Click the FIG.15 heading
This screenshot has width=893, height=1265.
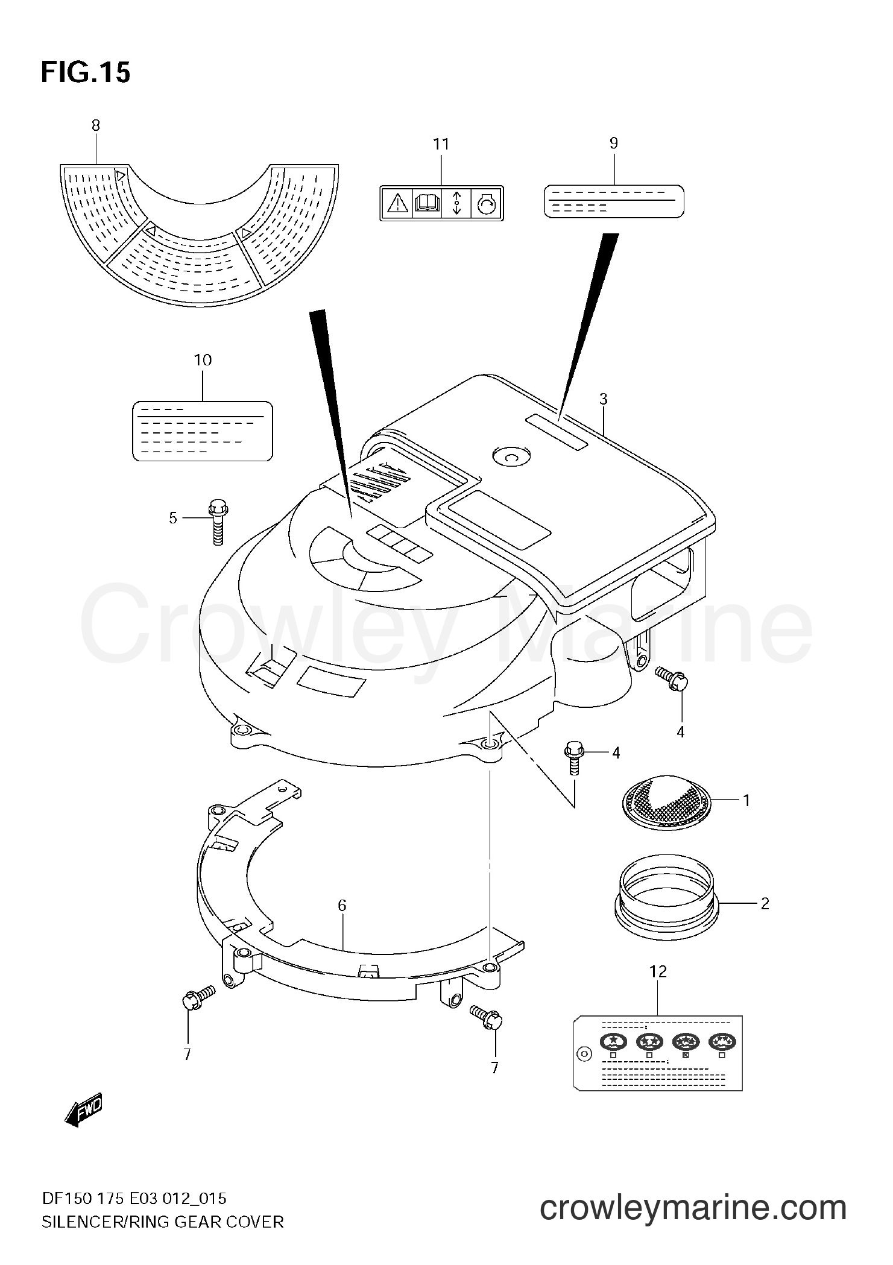[85, 73]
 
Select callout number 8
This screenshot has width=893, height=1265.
[96, 125]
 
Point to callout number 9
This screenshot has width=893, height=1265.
[614, 143]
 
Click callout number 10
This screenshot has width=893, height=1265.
[203, 360]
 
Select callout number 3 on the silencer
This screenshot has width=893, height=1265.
[603, 399]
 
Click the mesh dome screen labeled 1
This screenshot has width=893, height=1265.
[666, 800]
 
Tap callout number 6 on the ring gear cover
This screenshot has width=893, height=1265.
[342, 922]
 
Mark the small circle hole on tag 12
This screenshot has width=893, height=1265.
[584, 1055]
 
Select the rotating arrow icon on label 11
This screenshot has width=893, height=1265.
[487, 204]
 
